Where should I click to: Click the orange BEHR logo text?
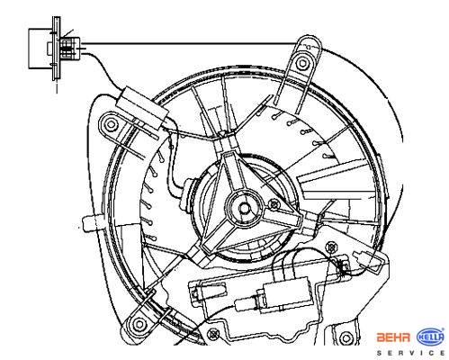coord(393,337)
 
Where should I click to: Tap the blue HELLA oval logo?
coord(430,337)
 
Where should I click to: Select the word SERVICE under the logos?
coord(410,353)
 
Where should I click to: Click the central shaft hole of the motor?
coord(245,208)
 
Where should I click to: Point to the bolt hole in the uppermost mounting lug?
coord(302,63)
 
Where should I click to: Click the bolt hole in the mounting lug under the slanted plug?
coord(111,124)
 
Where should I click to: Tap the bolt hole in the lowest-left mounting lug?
coord(139,324)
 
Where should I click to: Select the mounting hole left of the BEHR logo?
coord(346,337)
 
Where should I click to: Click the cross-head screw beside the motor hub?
coord(274,204)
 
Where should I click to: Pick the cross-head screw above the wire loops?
coord(331,247)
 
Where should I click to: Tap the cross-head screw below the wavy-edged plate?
coord(213,334)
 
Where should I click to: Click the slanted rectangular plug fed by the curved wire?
coord(142,108)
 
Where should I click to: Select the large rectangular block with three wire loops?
coord(286,293)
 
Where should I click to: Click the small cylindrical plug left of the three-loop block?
coord(246,303)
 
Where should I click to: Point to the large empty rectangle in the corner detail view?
coord(40,49)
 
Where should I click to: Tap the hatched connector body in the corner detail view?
coord(69,49)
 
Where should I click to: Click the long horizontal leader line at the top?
coord(190,44)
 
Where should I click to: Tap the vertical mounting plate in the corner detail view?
coord(57,49)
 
